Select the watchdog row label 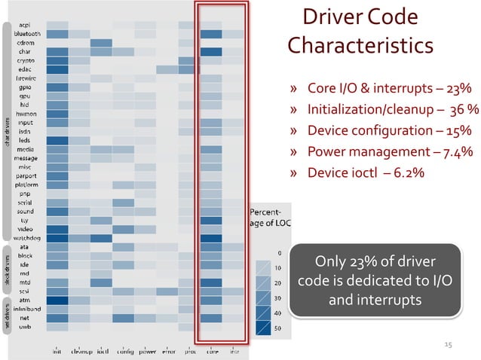[30, 237]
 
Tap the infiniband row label [29, 309]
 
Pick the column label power [146, 351]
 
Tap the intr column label [234, 351]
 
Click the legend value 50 [277, 328]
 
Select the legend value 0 [279, 253]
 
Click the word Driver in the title [333, 17]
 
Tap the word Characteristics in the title [360, 46]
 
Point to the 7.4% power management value [457, 152]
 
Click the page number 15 [448, 344]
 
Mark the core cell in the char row [211, 51]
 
